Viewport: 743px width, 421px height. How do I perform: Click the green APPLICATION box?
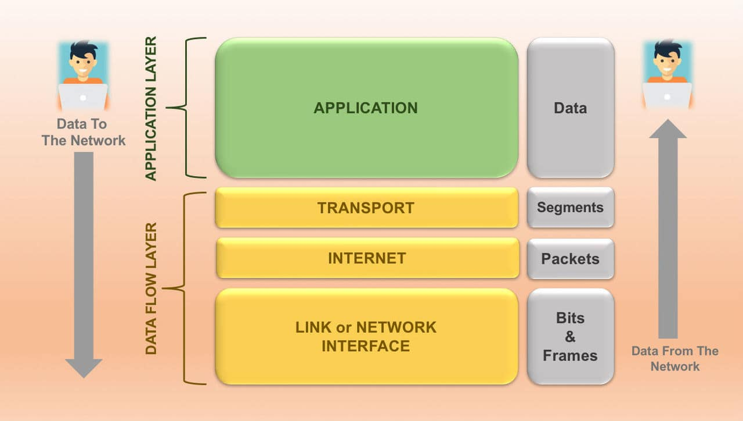pyautogui.click(x=366, y=108)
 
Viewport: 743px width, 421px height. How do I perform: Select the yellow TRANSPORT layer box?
pyautogui.click(x=366, y=208)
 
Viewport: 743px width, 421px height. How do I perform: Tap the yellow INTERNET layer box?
pyautogui.click(x=366, y=258)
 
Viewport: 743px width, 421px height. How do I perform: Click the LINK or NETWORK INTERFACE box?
pyautogui.click(x=366, y=336)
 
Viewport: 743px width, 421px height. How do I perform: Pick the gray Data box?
pyautogui.click(x=570, y=108)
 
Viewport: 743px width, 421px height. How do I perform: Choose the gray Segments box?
pyautogui.click(x=570, y=208)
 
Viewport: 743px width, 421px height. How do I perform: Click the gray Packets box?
pyautogui.click(x=570, y=258)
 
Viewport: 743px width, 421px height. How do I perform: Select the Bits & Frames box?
pyautogui.click(x=570, y=336)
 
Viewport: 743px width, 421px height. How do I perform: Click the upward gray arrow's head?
pyautogui.click(x=668, y=129)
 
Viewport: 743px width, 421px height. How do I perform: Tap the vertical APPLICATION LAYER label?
pyautogui.click(x=150, y=108)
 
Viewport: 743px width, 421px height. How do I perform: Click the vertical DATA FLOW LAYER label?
pyautogui.click(x=151, y=288)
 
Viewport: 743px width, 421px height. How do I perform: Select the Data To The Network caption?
pyautogui.click(x=83, y=132)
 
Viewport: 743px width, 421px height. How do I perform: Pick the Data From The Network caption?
pyautogui.click(x=675, y=358)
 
